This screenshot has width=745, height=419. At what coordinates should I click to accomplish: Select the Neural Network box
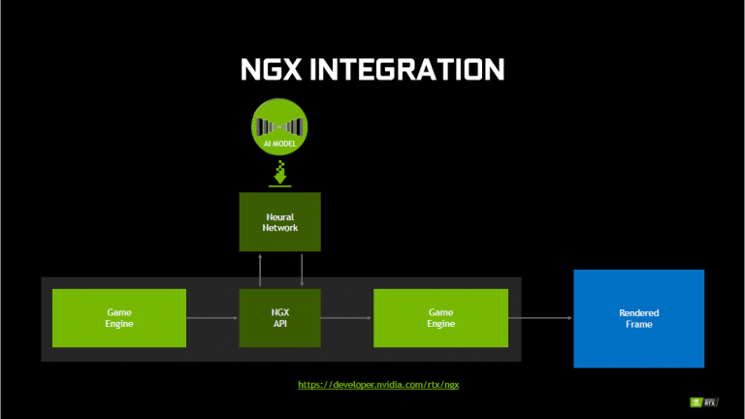(x=280, y=222)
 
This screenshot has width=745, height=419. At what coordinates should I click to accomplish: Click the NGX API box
(x=280, y=318)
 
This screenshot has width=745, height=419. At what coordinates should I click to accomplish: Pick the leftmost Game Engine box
(x=119, y=318)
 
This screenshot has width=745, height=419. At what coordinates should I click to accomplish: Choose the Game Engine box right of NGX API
(x=441, y=318)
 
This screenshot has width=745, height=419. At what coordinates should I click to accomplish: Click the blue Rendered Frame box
(x=638, y=318)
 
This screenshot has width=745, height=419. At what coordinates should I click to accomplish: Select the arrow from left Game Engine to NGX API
(x=212, y=318)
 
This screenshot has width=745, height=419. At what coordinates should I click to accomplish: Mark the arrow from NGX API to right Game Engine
(x=346, y=318)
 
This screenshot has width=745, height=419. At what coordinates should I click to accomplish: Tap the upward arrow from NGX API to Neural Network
(x=260, y=270)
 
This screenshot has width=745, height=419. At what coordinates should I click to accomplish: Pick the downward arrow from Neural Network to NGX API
(x=302, y=270)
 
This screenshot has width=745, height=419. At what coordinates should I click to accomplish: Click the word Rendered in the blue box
(x=638, y=312)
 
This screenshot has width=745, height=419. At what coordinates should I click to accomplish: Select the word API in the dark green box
(x=280, y=324)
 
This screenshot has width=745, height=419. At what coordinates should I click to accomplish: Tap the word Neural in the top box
(x=280, y=216)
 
